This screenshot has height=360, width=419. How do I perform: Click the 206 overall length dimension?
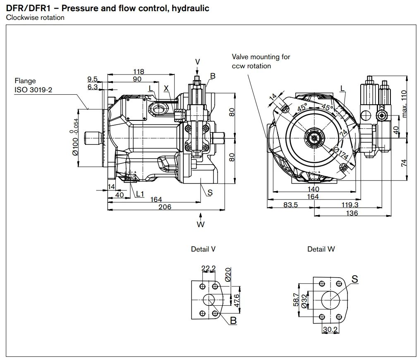(165, 206)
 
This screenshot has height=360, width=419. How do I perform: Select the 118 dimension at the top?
(139, 72)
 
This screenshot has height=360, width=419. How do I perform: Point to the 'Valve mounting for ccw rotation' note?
(261, 61)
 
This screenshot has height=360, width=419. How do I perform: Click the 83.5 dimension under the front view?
(291, 205)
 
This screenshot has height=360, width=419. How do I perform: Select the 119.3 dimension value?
(350, 205)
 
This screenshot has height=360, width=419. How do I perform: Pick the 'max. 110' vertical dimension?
(405, 103)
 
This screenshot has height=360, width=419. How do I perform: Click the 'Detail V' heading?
(203, 249)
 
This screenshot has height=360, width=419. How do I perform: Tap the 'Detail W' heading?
(321, 249)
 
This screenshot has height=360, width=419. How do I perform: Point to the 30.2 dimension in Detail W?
(330, 330)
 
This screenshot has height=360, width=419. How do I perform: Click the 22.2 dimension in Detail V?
(208, 268)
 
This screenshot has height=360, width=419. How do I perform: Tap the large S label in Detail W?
(354, 279)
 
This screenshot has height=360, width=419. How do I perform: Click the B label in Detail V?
(233, 320)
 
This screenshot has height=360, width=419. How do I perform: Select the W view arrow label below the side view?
(201, 225)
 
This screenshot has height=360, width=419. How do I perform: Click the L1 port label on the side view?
(140, 194)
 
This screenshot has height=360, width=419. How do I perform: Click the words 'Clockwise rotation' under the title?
(35, 17)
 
